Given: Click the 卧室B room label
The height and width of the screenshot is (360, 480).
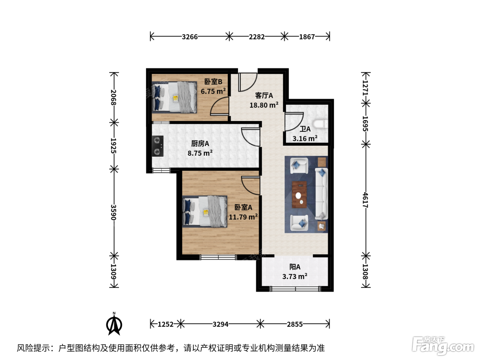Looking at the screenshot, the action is pyautogui.click(x=213, y=82).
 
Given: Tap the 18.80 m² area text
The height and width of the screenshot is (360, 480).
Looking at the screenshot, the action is pyautogui.click(x=264, y=105).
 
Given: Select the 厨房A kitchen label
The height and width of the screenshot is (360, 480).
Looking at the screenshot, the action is pyautogui.click(x=200, y=144).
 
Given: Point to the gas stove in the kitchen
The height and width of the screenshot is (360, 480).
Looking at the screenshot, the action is pyautogui.click(x=158, y=146).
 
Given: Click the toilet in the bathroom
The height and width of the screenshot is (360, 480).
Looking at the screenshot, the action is pyautogui.click(x=321, y=124).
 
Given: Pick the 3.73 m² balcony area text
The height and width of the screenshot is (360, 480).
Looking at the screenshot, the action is pyautogui.click(x=295, y=276).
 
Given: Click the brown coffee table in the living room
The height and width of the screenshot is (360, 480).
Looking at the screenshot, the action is pyautogui.click(x=299, y=194).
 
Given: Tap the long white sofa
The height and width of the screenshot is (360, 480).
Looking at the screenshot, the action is pyautogui.click(x=322, y=194).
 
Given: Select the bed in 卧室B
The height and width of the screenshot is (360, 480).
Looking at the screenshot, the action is pyautogui.click(x=175, y=97).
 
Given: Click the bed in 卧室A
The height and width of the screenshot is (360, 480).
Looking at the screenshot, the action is pyautogui.click(x=205, y=212).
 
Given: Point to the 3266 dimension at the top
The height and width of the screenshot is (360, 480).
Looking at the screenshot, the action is pyautogui.click(x=190, y=37).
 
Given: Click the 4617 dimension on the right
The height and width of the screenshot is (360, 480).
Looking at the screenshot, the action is pyautogui.click(x=365, y=200).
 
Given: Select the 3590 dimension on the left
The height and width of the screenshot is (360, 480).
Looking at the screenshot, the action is pyautogui.click(x=113, y=212).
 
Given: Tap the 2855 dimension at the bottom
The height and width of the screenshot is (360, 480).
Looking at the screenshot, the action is pyautogui.click(x=295, y=324).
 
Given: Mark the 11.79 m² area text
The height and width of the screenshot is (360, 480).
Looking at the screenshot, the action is pyautogui.click(x=243, y=217).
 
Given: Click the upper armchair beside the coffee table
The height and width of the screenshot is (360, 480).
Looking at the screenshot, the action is pyautogui.click(x=299, y=166).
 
